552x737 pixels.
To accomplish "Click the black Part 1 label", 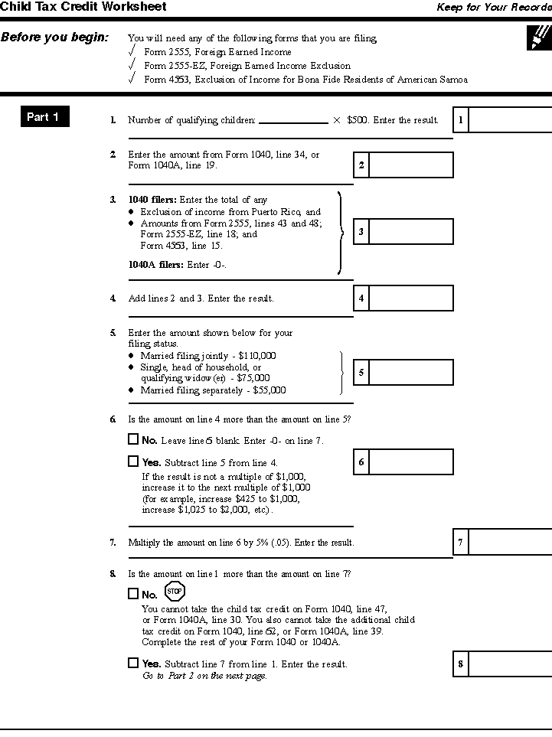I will [x=43, y=117].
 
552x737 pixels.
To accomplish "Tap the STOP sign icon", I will [x=175, y=591].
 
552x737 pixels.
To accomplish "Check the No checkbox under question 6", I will [x=133, y=439].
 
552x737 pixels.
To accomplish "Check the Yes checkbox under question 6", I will [x=133, y=461].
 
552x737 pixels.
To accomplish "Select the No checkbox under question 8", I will [x=133, y=593].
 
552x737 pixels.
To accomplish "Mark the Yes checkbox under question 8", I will [x=133, y=663].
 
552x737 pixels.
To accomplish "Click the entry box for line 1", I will [x=509, y=120].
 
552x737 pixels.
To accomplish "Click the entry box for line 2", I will [x=410, y=165].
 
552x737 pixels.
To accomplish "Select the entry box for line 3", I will [x=410, y=231].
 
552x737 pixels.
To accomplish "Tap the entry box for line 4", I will [x=410, y=298].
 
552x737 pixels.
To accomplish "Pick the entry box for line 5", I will [x=410, y=373].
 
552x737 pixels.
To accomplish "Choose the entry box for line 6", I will [x=410, y=462].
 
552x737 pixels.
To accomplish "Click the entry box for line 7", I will [x=509, y=542].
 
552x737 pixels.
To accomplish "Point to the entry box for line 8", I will [x=509, y=664].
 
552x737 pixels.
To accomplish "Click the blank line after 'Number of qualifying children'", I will [x=293, y=120].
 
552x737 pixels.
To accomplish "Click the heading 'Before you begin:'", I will [x=54, y=37].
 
